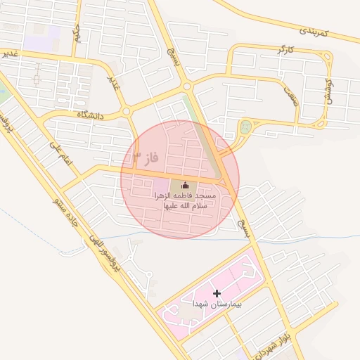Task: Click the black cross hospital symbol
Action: click(217, 292)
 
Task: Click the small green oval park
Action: click(245, 127)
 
